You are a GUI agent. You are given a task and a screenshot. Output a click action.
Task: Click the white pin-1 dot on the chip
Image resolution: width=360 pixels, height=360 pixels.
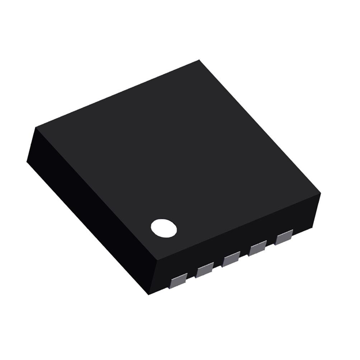click(x=164, y=228)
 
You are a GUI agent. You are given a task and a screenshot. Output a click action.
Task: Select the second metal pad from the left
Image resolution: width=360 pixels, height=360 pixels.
click(x=205, y=269)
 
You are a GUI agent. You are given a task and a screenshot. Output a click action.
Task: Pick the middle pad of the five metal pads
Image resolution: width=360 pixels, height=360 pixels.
click(x=231, y=259)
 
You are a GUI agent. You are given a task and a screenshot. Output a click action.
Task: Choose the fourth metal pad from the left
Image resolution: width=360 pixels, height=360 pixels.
click(x=258, y=249)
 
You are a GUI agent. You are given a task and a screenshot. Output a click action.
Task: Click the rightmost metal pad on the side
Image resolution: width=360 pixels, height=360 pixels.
click(x=284, y=238)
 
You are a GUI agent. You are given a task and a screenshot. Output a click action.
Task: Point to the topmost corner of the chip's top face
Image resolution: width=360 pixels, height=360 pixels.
click(x=199, y=60)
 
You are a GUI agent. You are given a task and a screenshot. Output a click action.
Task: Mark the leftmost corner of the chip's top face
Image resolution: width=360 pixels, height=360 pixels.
click(x=35, y=128)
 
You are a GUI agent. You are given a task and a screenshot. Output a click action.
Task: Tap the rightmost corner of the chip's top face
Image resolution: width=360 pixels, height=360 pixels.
click(x=321, y=193)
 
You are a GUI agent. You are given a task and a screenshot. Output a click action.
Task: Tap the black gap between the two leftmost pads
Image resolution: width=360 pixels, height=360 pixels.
click(x=192, y=276)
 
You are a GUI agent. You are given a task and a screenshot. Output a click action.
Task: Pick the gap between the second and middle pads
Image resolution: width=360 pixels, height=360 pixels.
click(x=218, y=265)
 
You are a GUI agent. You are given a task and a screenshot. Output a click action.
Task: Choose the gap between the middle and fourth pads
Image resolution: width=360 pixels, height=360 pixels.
click(x=244, y=255)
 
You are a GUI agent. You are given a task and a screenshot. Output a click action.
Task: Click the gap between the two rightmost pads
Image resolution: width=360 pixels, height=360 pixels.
click(x=271, y=244)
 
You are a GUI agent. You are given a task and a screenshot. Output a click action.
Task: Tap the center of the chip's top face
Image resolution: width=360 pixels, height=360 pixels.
click(x=177, y=160)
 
